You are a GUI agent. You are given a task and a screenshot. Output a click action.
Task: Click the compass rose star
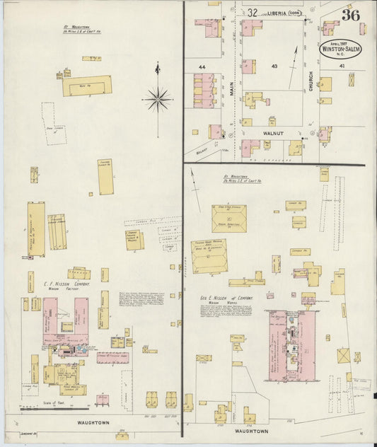click(157, 99)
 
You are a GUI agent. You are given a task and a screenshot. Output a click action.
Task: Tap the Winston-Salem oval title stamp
click(340, 50)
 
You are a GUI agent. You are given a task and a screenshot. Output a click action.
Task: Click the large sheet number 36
click(350, 15)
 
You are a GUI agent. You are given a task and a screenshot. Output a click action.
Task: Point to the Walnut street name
click(273, 132)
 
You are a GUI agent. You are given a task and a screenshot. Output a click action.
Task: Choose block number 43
click(274, 66)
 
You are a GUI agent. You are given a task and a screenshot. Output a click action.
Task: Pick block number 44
click(202, 67)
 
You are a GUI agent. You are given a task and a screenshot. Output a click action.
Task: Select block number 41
click(342, 66)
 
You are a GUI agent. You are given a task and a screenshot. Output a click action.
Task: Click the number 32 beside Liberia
click(252, 11)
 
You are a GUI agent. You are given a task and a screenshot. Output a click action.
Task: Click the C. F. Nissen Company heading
click(64, 284)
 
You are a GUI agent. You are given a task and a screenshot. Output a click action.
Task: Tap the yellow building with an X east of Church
click(352, 79)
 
